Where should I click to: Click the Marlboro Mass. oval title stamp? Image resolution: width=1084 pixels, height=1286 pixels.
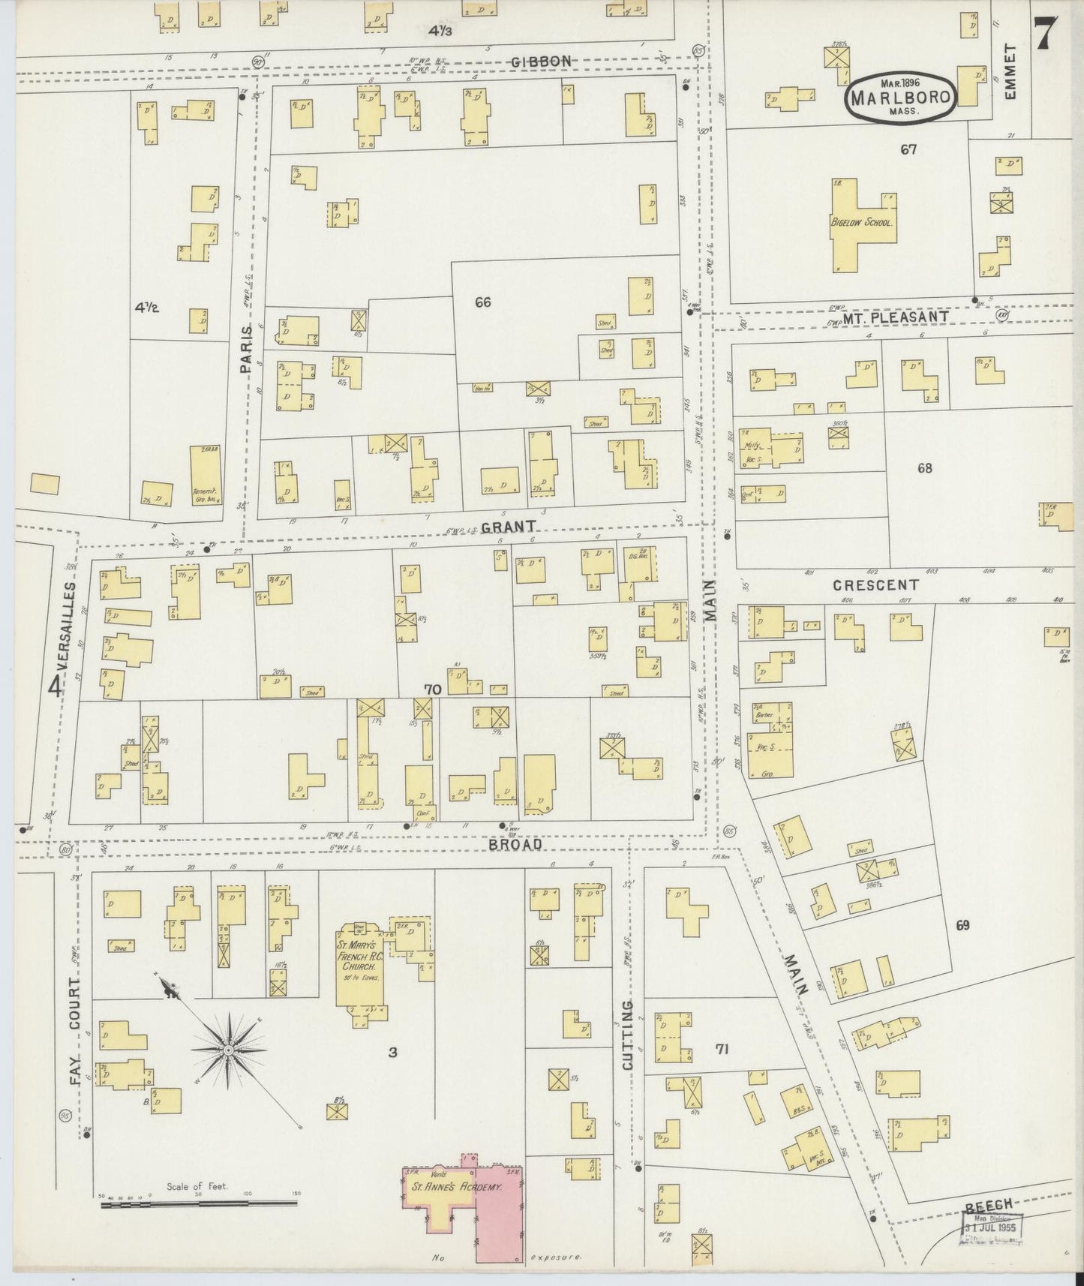tap(900, 97)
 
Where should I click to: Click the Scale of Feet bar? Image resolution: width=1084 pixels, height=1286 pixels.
tap(199, 1203)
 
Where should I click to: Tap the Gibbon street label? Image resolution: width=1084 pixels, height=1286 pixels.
tap(542, 61)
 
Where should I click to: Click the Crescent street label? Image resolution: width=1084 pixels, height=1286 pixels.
tap(875, 584)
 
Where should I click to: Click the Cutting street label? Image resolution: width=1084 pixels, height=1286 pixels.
tap(628, 1035)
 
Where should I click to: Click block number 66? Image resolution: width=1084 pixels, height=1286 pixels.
tap(482, 302)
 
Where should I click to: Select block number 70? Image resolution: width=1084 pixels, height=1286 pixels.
tap(432, 688)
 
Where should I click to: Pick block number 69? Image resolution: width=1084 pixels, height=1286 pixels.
tap(962, 925)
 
